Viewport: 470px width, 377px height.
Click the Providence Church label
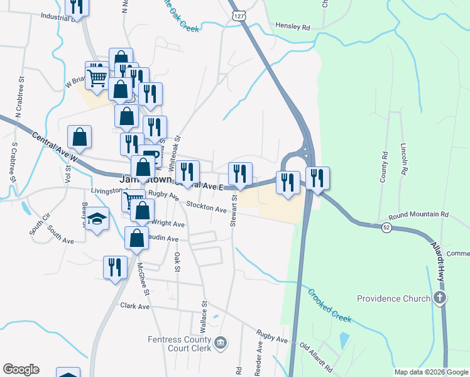pos(394,298)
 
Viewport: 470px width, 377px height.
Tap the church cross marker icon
pos(440,298)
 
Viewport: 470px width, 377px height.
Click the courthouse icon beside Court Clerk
pos(221,342)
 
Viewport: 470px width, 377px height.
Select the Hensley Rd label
pos(293,28)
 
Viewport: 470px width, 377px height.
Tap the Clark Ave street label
pos(135,307)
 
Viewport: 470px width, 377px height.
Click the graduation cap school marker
pos(96,218)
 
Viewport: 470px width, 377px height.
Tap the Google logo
pos(21,369)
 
